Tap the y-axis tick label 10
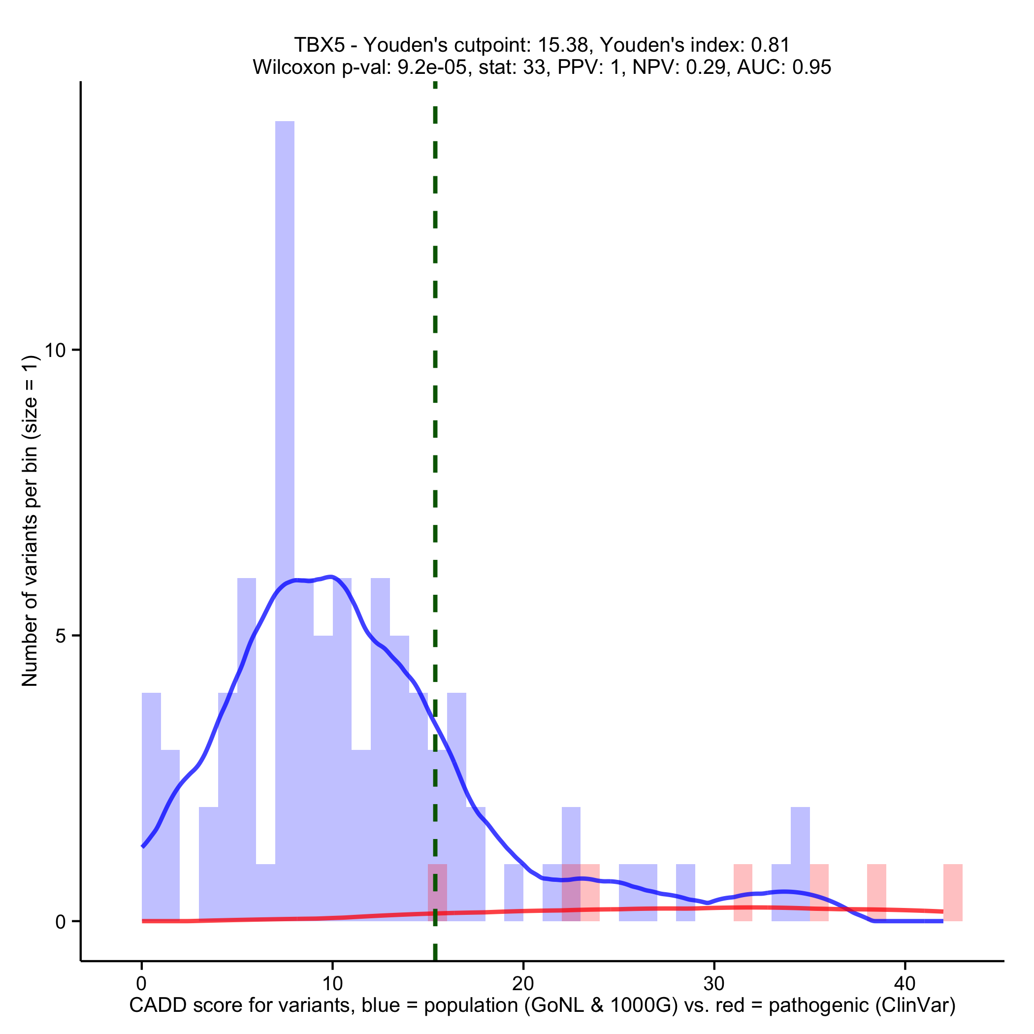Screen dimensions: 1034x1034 pyautogui.click(x=55, y=351)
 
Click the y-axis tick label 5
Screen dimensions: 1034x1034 pyautogui.click(x=61, y=636)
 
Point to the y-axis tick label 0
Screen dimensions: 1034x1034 pyautogui.click(x=61, y=922)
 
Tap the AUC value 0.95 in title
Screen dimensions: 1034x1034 pyautogui.click(x=812, y=67)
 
